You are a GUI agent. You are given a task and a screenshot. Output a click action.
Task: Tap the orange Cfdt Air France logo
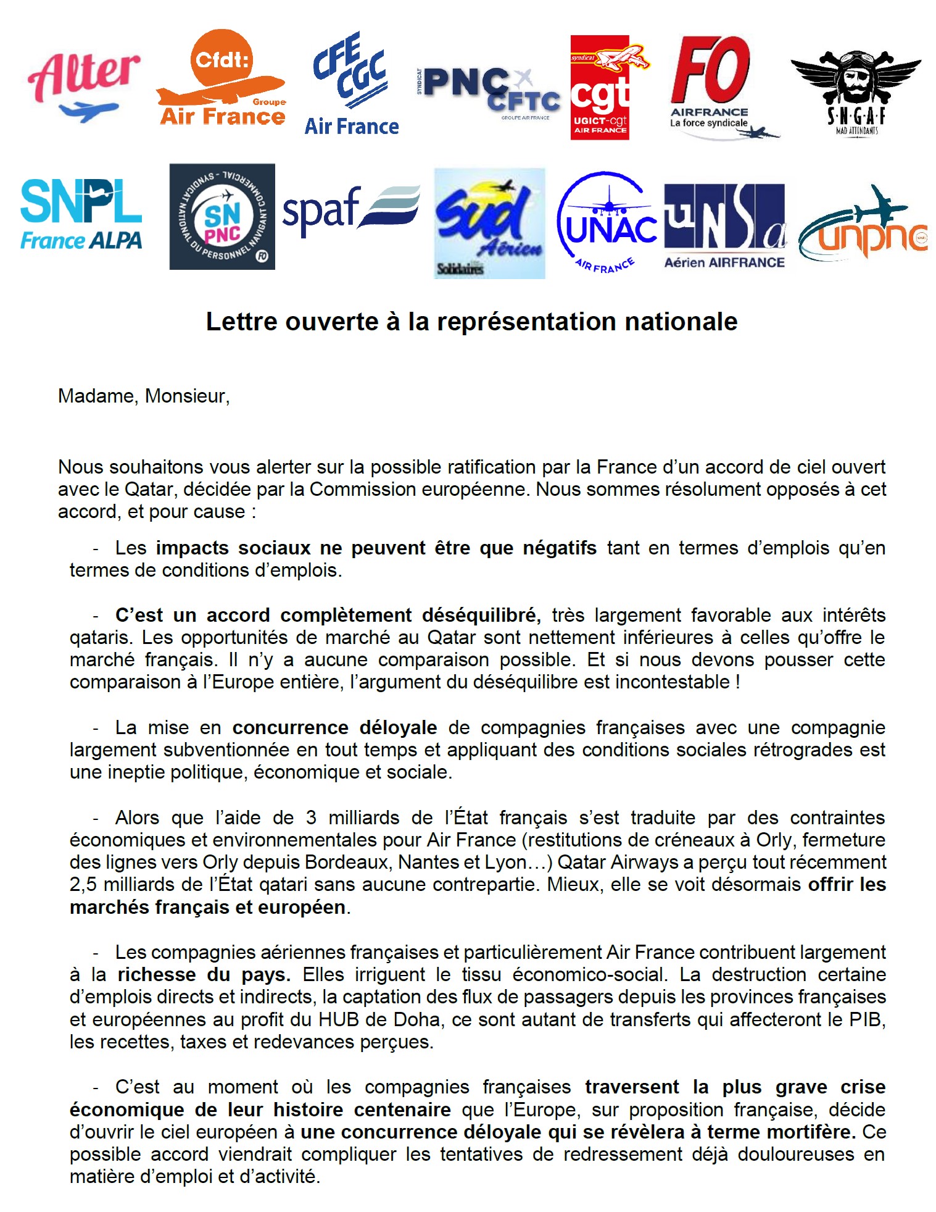[x=221, y=79]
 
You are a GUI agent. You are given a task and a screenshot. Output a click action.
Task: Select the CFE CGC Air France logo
[x=352, y=85]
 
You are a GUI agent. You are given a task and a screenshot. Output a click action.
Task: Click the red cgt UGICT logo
[x=600, y=88]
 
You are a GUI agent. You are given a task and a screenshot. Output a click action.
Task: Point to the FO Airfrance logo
[x=715, y=87]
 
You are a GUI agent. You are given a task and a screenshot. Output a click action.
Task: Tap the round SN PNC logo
[x=222, y=217]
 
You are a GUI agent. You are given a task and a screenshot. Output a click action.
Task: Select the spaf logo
[x=350, y=209]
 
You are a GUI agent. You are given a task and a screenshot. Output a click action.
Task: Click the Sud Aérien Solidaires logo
[x=489, y=224]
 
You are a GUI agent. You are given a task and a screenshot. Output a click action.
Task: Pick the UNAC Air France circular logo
[x=607, y=223]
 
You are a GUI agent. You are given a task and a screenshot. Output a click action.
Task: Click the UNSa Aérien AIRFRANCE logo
[x=724, y=225]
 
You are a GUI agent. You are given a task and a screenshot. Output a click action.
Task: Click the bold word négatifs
[x=559, y=548]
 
